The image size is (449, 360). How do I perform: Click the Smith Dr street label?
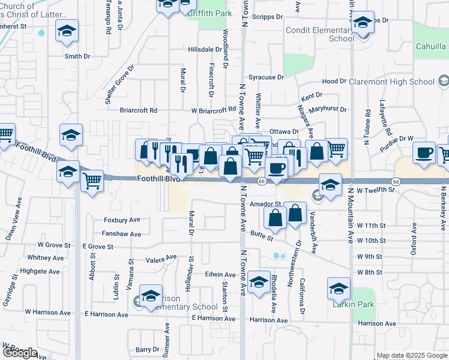[x=77, y=56]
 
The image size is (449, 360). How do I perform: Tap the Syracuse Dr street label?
[x=266, y=77]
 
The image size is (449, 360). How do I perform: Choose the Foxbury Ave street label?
[x=122, y=220]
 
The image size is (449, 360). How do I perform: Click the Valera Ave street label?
[x=161, y=259]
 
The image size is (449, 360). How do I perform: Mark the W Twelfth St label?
[x=374, y=190]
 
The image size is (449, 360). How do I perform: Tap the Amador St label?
[x=265, y=204]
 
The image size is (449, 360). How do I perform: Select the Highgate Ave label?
[x=40, y=271]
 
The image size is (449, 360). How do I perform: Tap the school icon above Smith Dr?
[x=67, y=30]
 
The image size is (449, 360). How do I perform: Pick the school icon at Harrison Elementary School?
[x=151, y=295]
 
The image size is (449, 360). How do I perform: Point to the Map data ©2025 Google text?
[x=411, y=355]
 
